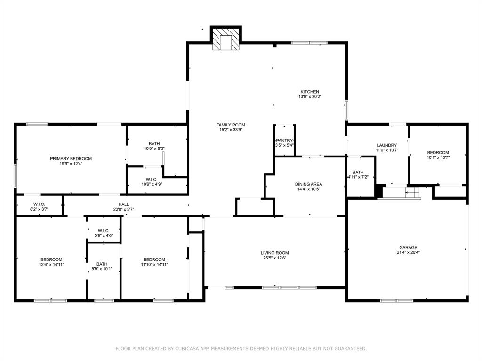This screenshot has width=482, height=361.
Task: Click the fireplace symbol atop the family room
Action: tap(225, 39)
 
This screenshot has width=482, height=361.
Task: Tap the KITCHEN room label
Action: tap(310, 92)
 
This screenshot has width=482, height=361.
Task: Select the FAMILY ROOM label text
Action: tap(231, 125)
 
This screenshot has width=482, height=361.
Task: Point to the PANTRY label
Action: tap(284, 141)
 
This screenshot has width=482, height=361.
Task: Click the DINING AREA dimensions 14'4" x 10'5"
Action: tap(308, 189)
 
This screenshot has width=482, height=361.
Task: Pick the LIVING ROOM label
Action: tap(274, 252)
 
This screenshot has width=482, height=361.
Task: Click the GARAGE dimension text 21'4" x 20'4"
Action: tap(408, 252)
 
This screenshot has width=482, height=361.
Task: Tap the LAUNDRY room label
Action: tap(386, 145)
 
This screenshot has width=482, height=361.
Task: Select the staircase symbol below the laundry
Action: tap(413, 193)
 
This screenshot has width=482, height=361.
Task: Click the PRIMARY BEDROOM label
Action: tap(71, 159)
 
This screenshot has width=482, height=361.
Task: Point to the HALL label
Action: tap(124, 204)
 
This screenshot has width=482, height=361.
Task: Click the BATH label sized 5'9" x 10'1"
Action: tap(102, 264)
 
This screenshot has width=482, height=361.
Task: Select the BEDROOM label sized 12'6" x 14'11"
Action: tap(51, 259)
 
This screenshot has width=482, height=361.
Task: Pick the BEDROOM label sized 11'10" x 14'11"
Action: tap(154, 259)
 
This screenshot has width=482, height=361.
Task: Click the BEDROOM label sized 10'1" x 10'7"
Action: tap(438, 152)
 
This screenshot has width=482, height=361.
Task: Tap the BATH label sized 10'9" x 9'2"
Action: tap(154, 143)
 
